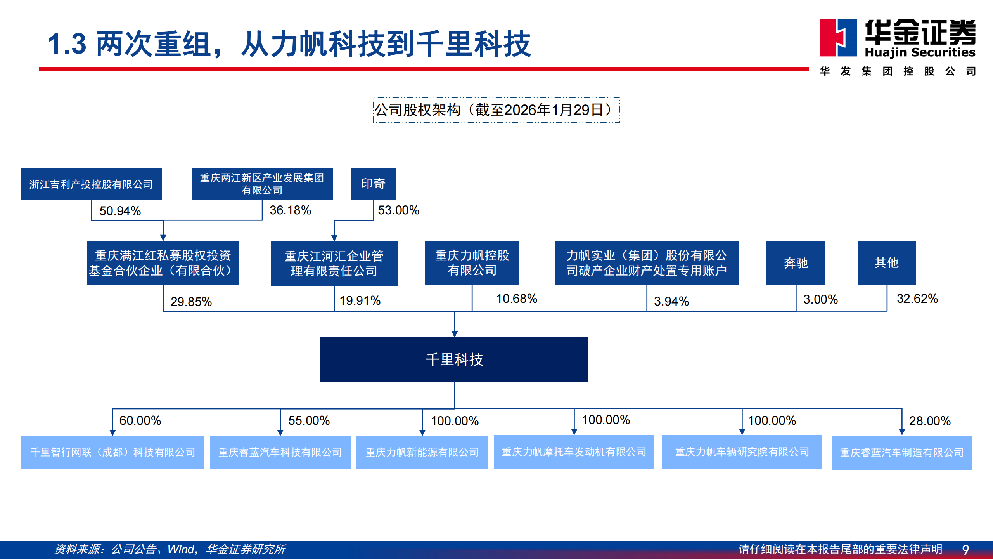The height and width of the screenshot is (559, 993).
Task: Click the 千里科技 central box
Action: pos(454,359)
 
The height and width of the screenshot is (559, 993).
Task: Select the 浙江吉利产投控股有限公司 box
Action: pos(91,184)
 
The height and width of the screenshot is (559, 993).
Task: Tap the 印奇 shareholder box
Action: pos(373,184)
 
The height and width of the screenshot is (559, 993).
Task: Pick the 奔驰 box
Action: pos(796,263)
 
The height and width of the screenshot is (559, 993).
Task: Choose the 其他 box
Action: pos(887,263)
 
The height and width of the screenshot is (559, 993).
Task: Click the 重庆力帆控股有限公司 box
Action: pos(472,263)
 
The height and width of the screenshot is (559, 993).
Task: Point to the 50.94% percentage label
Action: pos(120,211)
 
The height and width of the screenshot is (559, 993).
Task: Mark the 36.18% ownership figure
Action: pos(290,210)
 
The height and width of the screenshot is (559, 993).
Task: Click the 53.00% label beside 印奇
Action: pos(398,210)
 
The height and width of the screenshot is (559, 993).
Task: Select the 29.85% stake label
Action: pos(191,302)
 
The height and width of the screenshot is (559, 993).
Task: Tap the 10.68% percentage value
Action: pos(516,299)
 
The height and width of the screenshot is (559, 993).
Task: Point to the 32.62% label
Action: pos(917,299)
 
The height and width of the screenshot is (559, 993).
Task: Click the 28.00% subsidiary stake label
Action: pos(929,421)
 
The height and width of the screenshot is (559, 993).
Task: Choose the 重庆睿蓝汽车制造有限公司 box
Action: pos(902,453)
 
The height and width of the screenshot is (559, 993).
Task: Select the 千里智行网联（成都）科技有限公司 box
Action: pos(112,452)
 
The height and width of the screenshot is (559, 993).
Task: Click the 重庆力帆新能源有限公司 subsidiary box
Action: pos(422,452)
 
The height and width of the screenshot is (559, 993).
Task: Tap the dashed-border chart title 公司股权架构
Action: pos(496,110)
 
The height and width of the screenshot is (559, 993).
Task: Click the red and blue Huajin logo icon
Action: pos(838,38)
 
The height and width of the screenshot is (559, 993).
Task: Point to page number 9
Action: pos(965,550)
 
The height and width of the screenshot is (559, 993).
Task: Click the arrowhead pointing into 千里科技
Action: pos(455,334)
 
